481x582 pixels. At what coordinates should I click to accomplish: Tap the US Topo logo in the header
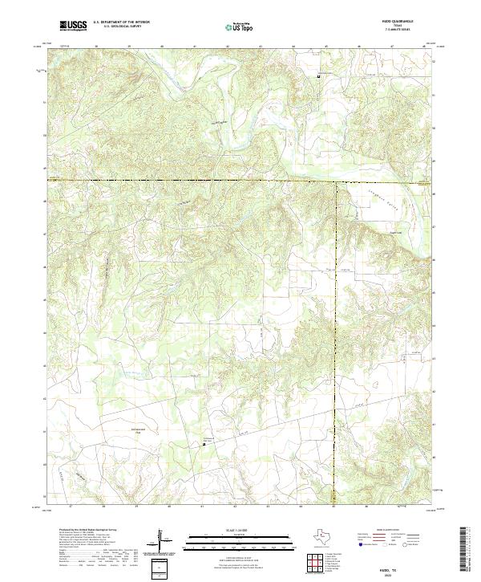pos(239,26)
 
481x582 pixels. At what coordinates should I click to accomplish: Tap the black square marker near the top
pos(319,76)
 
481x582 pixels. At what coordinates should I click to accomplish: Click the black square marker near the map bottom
pos(204,444)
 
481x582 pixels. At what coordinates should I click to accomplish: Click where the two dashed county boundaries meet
pos(335,182)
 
